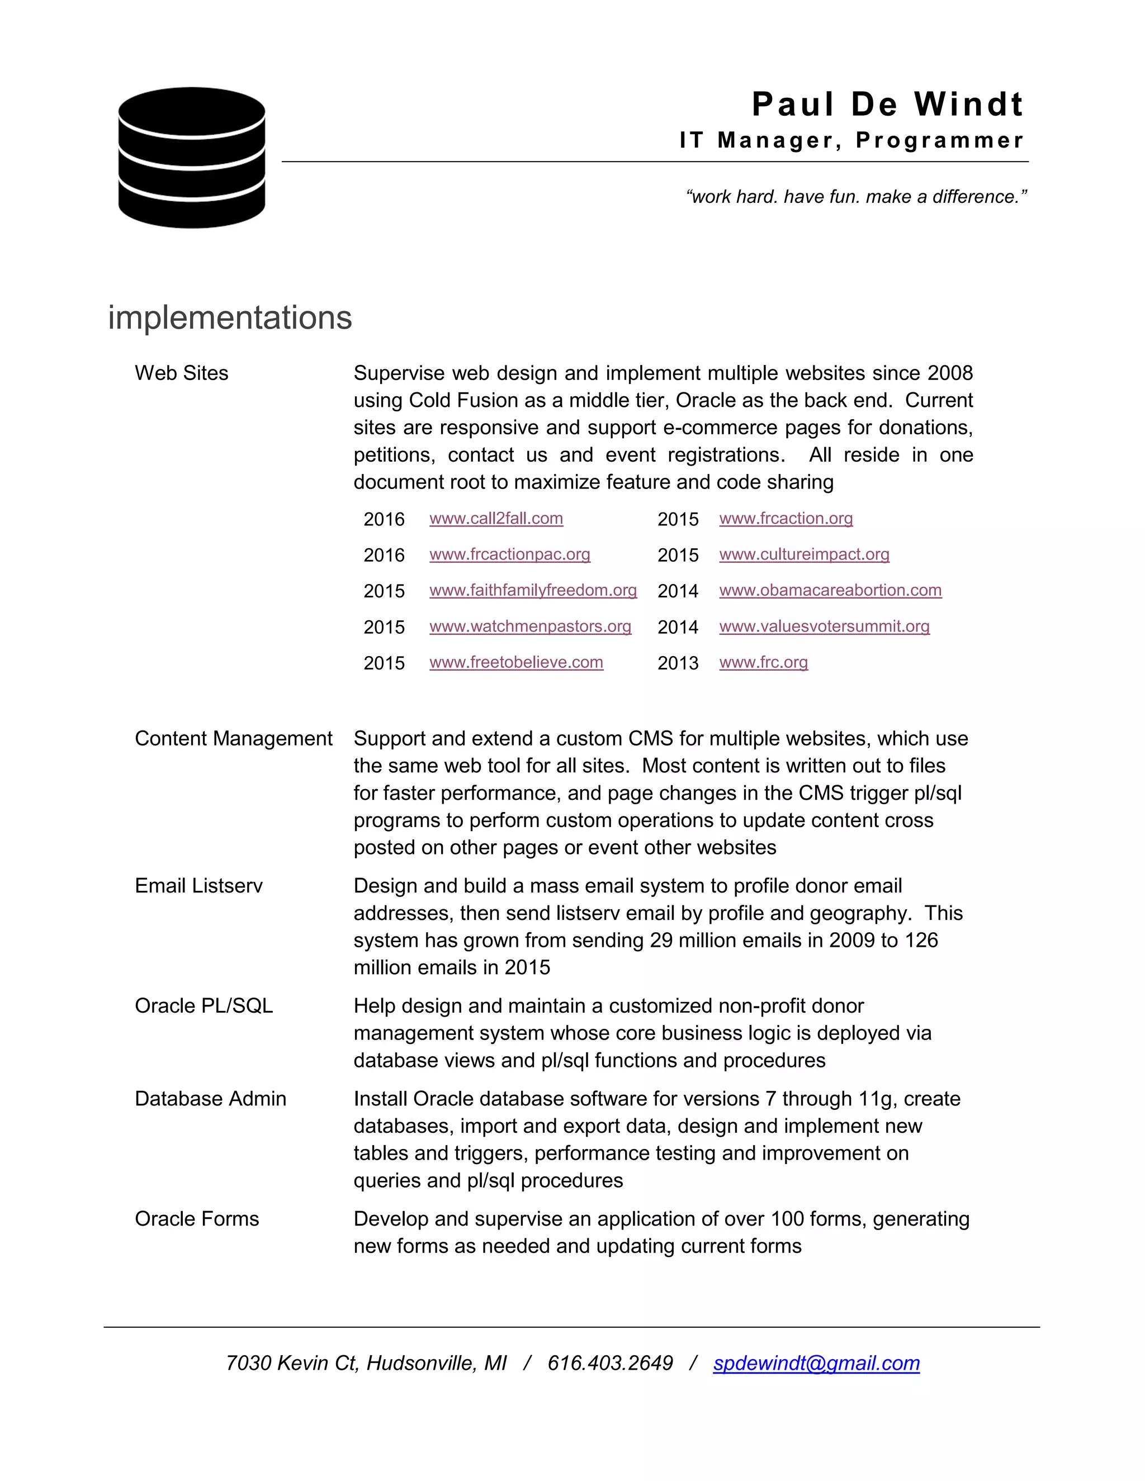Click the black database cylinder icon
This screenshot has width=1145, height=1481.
pos(191,158)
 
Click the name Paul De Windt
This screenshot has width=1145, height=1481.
pos(887,105)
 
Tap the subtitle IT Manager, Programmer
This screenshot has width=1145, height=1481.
pos(851,140)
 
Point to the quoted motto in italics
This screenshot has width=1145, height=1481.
pos(856,197)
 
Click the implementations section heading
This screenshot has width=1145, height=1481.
pos(230,317)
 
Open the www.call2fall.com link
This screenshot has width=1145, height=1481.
pos(496,519)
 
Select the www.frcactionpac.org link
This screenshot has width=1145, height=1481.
pos(509,555)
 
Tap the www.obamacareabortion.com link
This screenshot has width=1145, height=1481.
pos(830,591)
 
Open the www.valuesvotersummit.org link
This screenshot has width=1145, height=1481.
pos(824,626)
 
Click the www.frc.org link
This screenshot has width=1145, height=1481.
pos(763,662)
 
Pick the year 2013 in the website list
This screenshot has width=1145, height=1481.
pos(678,663)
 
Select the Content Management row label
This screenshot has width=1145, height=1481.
pos(233,738)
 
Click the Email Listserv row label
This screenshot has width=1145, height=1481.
pos(198,886)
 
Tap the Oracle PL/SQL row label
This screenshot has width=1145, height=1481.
pos(204,1005)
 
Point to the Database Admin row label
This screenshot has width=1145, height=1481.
pos(210,1099)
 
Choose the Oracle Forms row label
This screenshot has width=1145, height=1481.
pos(197,1218)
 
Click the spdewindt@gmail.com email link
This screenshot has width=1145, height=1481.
pos(816,1363)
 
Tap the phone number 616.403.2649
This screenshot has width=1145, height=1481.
pos(610,1363)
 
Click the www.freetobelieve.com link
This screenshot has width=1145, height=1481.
pos(515,662)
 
